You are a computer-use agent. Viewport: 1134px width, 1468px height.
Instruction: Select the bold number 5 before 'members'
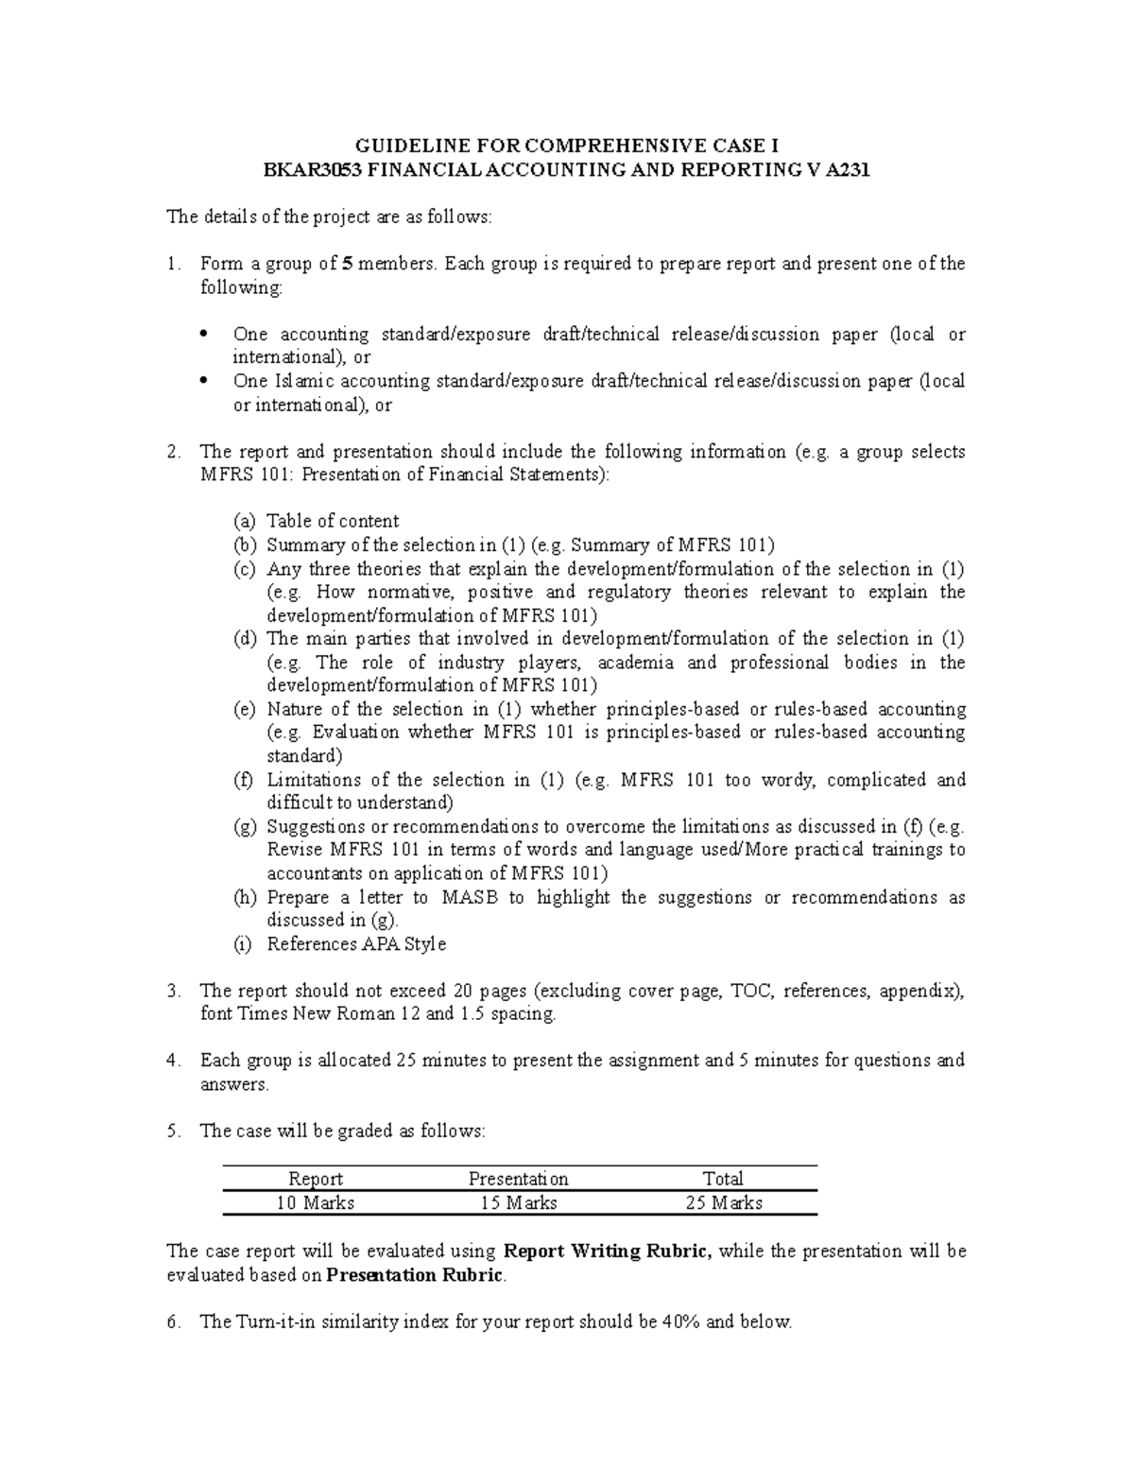pyautogui.click(x=348, y=264)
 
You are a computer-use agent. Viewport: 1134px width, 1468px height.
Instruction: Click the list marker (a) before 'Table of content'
pyautogui.click(x=244, y=521)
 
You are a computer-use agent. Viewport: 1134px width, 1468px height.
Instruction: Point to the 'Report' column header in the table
pyautogui.click(x=316, y=1179)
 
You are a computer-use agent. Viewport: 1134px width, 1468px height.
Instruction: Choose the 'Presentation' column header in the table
pyautogui.click(x=519, y=1179)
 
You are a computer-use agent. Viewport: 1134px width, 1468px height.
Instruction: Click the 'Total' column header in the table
pyautogui.click(x=723, y=1179)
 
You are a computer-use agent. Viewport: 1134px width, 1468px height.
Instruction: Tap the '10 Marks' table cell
pyautogui.click(x=316, y=1202)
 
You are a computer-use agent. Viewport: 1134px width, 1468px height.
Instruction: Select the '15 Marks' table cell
pyautogui.click(x=519, y=1202)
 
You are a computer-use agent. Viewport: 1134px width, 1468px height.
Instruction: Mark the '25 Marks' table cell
pyautogui.click(x=723, y=1202)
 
